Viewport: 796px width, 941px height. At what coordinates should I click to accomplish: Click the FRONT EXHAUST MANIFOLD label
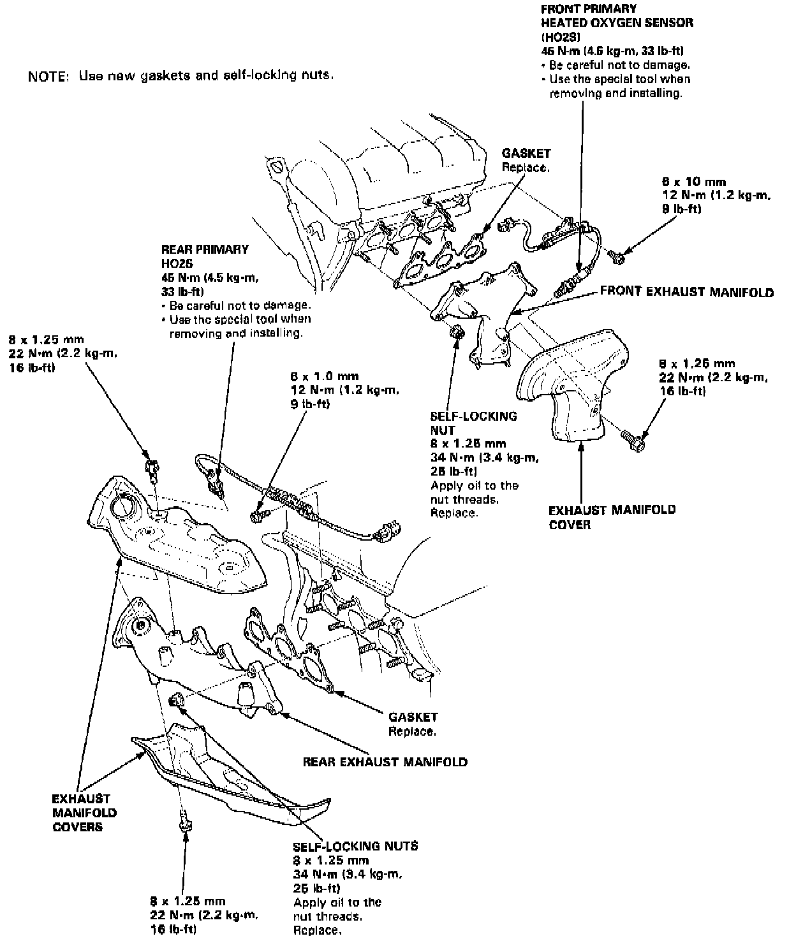686,293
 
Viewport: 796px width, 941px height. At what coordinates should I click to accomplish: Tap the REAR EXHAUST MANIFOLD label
385,761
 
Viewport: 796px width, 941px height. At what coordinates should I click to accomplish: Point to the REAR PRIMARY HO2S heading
205,256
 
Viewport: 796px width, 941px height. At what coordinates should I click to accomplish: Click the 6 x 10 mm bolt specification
694,182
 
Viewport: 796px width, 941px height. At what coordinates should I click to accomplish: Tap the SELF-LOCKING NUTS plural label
355,846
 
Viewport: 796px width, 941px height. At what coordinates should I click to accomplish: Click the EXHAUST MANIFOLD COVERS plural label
81,812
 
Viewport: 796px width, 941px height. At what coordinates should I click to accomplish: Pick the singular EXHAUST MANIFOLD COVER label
612,517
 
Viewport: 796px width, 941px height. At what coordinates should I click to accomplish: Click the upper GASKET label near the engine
526,154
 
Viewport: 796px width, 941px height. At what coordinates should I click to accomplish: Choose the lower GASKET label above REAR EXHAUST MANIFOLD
413,717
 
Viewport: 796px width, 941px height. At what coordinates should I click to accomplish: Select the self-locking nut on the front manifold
457,333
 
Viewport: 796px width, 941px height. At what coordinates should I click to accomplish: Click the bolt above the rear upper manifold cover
152,469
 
